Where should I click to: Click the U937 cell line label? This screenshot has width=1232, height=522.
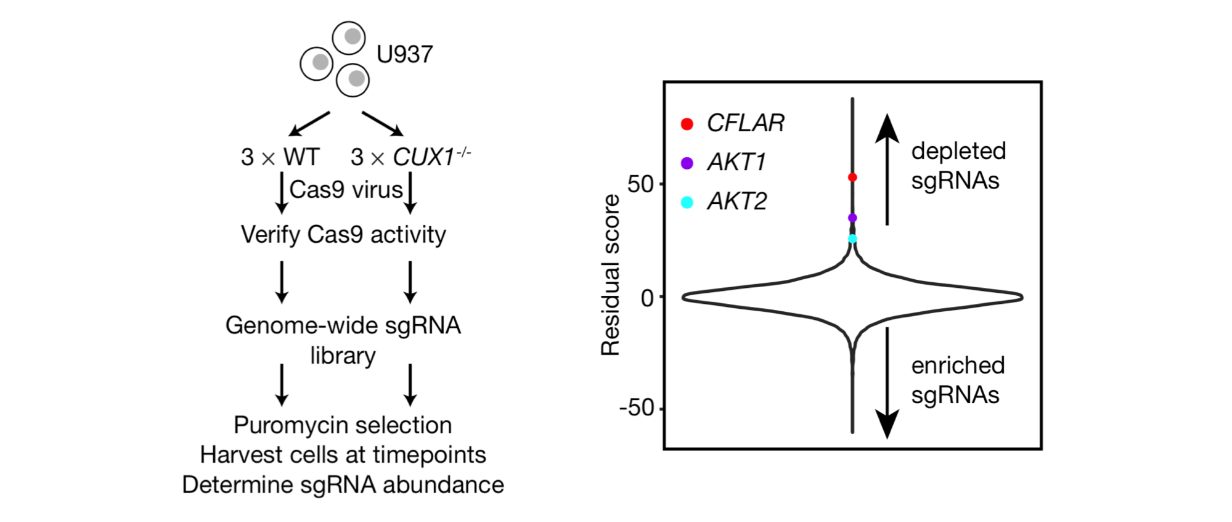[404, 55]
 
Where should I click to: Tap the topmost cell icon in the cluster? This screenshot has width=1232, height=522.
[349, 37]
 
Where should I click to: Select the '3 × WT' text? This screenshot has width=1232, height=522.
[280, 157]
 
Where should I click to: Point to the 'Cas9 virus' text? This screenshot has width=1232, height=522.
[346, 190]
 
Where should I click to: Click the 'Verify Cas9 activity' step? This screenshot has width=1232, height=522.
[343, 235]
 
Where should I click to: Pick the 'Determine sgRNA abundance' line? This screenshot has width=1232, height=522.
[343, 485]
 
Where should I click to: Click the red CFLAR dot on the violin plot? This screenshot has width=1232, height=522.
[852, 177]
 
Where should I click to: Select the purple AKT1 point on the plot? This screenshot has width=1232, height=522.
[852, 218]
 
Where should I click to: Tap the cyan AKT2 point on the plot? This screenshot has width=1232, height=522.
[852, 239]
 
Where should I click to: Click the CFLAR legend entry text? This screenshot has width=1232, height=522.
[745, 123]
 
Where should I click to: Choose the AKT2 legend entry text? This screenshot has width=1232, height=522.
[737, 202]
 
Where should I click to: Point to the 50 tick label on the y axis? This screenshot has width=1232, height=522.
[640, 184]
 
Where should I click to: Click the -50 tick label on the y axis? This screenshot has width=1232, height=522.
[637, 408]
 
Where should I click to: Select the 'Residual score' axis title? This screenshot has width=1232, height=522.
[610, 275]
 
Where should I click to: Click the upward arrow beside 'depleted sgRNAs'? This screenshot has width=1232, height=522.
[887, 169]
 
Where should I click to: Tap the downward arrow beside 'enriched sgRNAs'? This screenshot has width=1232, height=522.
[887, 382]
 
